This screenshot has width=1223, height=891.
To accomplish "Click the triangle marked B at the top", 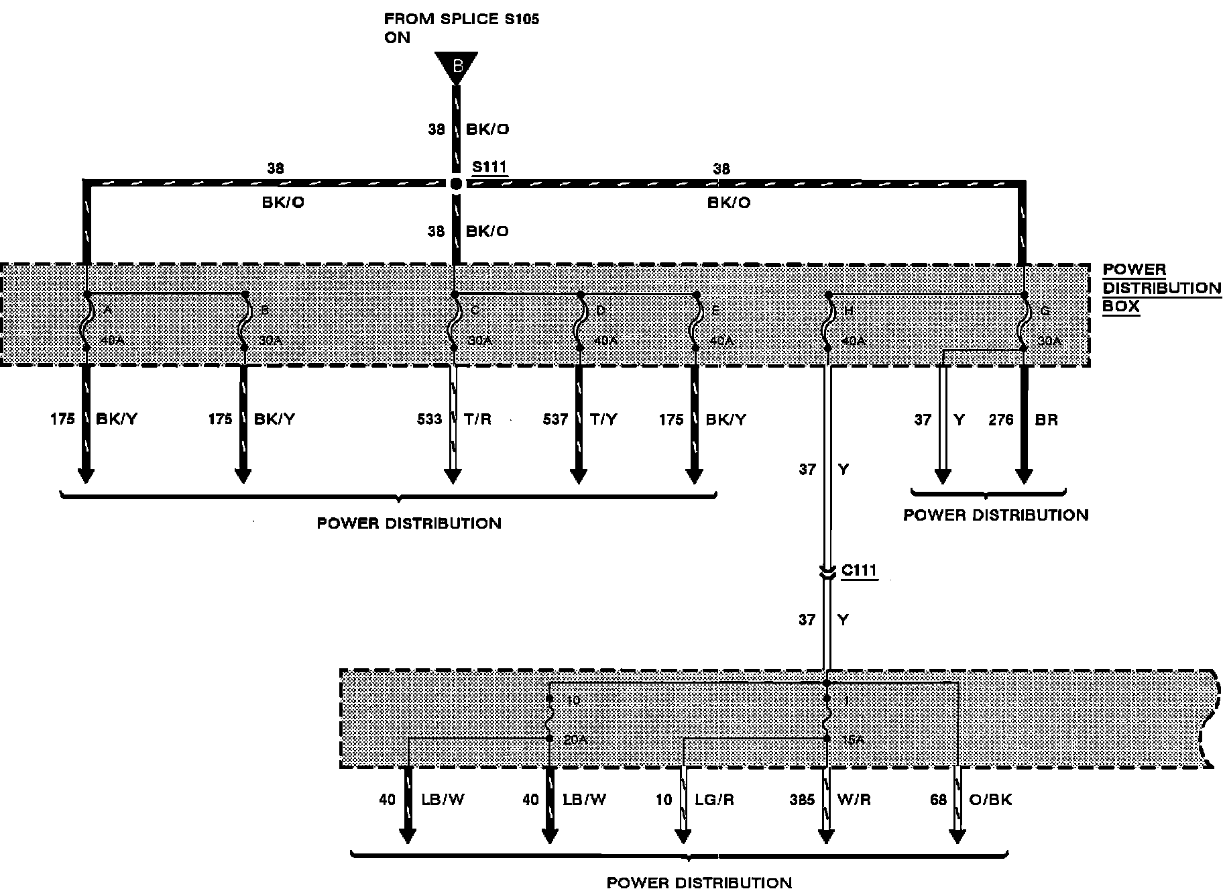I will (457, 66).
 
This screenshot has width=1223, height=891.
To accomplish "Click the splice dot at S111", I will (455, 183).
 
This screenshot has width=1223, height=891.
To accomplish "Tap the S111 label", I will (489, 166).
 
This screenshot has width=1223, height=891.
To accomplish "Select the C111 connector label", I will (859, 571).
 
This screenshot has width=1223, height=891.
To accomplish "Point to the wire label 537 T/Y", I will (579, 419).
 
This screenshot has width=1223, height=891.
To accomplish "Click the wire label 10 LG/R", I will (694, 800).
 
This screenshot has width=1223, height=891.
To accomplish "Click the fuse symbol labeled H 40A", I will (829, 321).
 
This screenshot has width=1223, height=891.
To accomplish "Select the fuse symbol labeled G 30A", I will (1024, 321).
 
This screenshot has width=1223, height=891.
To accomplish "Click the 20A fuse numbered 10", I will (549, 719).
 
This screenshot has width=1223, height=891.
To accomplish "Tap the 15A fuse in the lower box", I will (826, 719).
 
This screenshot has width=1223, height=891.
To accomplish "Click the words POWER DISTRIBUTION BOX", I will (1161, 289).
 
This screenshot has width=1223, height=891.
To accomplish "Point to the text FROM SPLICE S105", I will (461, 19).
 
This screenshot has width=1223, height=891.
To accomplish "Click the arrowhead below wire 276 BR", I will (1023, 476).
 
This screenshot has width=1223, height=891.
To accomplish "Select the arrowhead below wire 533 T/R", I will (453, 476).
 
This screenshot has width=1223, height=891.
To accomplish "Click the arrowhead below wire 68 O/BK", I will (957, 836).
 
